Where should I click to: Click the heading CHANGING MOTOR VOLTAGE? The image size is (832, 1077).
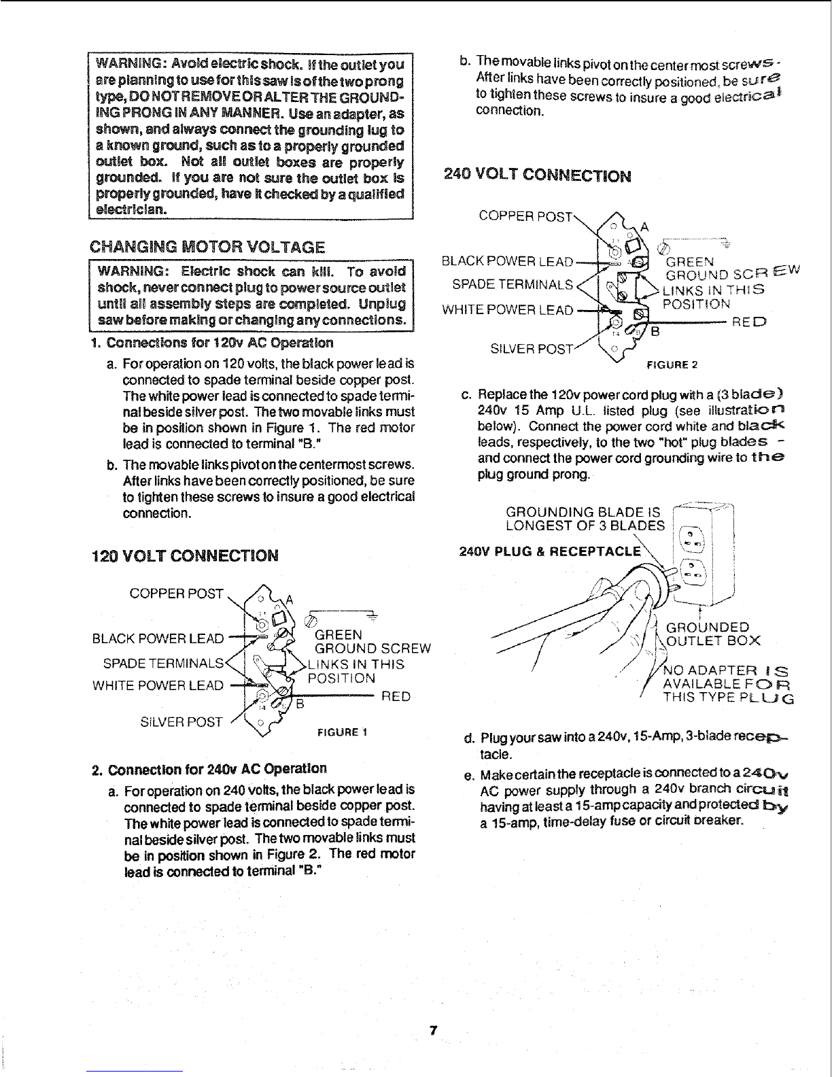tap(209, 246)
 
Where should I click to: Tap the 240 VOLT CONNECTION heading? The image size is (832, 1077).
tap(537, 175)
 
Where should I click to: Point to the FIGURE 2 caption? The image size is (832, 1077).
tap(672, 364)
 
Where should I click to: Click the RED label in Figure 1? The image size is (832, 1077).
tap(396, 697)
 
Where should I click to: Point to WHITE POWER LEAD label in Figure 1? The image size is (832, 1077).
tap(158, 685)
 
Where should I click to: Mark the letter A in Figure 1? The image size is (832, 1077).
tap(289, 599)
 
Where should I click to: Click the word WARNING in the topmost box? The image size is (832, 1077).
tap(126, 66)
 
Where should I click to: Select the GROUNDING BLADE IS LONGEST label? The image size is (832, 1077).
tap(585, 518)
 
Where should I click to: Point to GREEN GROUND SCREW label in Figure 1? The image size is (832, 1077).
tap(372, 641)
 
